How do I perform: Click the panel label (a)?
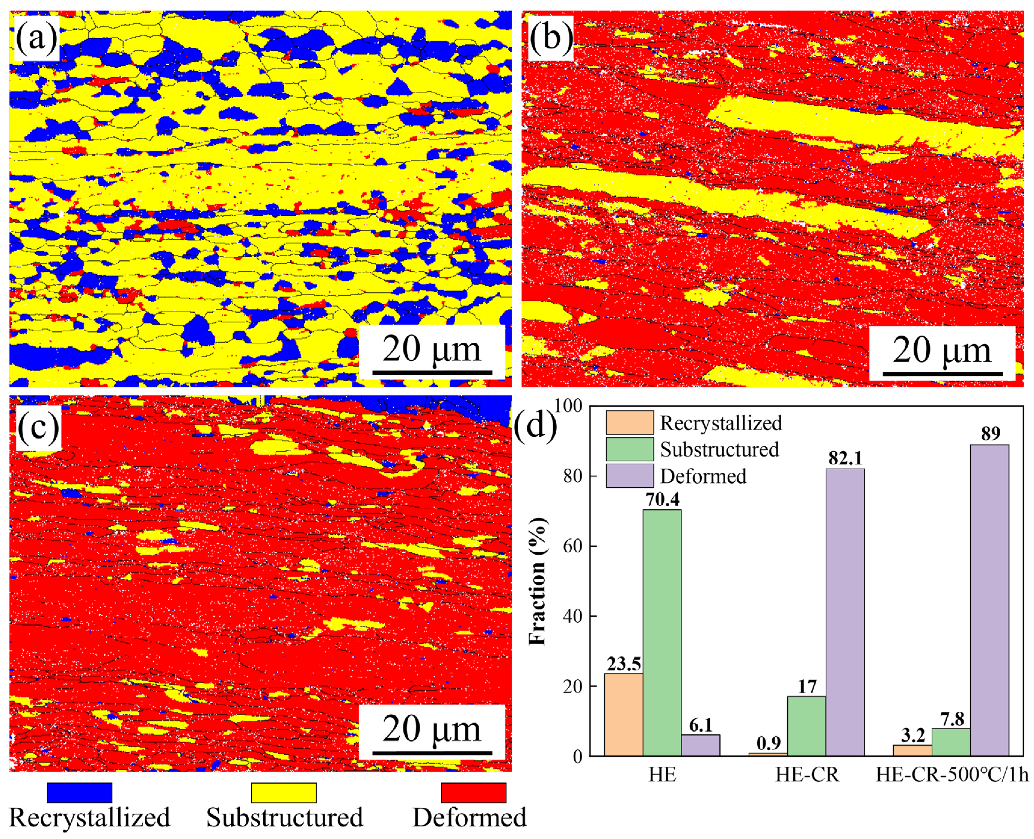tap(37, 38)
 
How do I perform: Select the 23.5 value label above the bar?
tap(623, 664)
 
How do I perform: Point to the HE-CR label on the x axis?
tap(807, 775)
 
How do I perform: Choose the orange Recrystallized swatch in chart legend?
tap(630, 423)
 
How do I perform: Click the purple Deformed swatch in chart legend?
tap(630, 476)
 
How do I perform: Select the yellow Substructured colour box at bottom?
tap(284, 793)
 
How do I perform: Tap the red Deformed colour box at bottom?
tap(474, 793)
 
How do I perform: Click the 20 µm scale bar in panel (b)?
tap(942, 373)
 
